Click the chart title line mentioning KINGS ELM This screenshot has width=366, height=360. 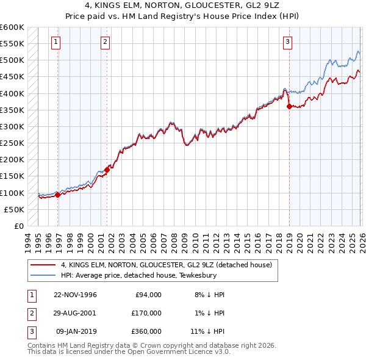click(182, 5)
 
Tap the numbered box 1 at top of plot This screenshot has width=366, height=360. click(56, 42)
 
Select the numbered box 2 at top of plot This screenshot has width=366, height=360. click(105, 42)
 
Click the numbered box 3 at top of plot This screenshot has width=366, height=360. click(287, 42)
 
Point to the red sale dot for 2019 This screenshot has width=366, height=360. click(289, 106)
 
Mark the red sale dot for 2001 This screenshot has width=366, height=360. click(107, 169)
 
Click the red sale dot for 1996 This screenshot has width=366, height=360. click(58, 195)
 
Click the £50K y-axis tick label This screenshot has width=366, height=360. click(14, 209)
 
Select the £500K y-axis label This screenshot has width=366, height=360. click(12, 60)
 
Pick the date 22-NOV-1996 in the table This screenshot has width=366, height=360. click(76, 294)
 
